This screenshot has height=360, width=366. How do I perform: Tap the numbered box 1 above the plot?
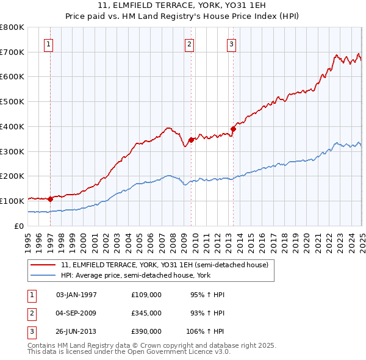(48, 43)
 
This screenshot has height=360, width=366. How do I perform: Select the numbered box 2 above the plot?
(190, 43)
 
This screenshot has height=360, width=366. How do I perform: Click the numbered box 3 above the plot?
(232, 43)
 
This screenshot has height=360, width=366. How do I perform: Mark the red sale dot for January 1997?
(50, 198)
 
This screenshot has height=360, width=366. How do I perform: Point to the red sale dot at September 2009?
(191, 140)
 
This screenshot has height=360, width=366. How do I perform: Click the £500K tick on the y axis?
(12, 101)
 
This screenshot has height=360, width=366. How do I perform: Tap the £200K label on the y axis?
(12, 176)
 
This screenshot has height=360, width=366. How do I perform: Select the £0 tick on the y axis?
(19, 226)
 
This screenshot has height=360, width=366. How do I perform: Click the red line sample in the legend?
(43, 265)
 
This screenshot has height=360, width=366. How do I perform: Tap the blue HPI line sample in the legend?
(43, 275)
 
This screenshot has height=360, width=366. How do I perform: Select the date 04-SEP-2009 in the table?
(76, 312)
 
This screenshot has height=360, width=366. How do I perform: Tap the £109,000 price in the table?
(146, 295)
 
